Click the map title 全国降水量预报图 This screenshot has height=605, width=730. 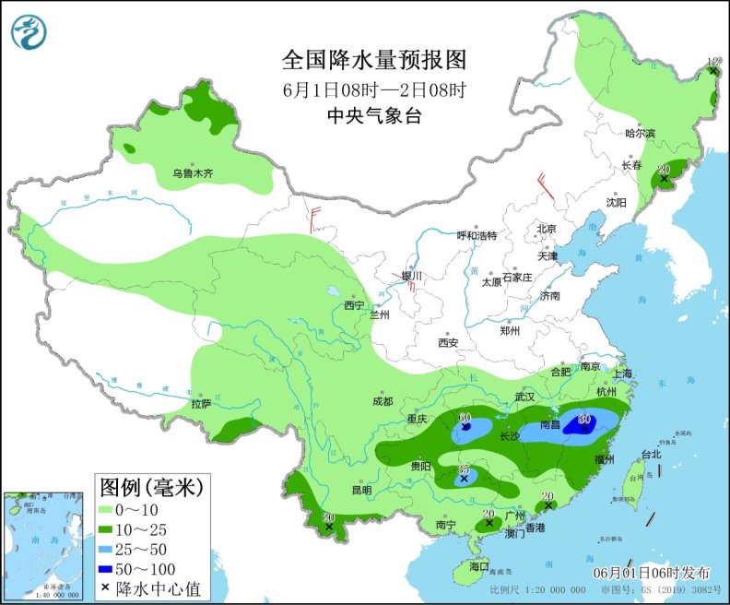(374, 61)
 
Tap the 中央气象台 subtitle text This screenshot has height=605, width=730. (374, 115)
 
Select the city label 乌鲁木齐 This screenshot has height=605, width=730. (193, 173)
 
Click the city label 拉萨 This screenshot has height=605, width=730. (201, 404)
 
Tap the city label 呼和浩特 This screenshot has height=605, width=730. (477, 235)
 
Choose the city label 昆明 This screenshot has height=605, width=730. (361, 490)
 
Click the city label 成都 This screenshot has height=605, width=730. (383, 401)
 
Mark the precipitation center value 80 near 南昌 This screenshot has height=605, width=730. (583, 420)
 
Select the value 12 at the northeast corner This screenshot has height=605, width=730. (712, 62)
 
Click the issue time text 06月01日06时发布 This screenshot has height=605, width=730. (652, 571)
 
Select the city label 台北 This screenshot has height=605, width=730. (651, 455)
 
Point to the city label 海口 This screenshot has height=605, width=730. (478, 565)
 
